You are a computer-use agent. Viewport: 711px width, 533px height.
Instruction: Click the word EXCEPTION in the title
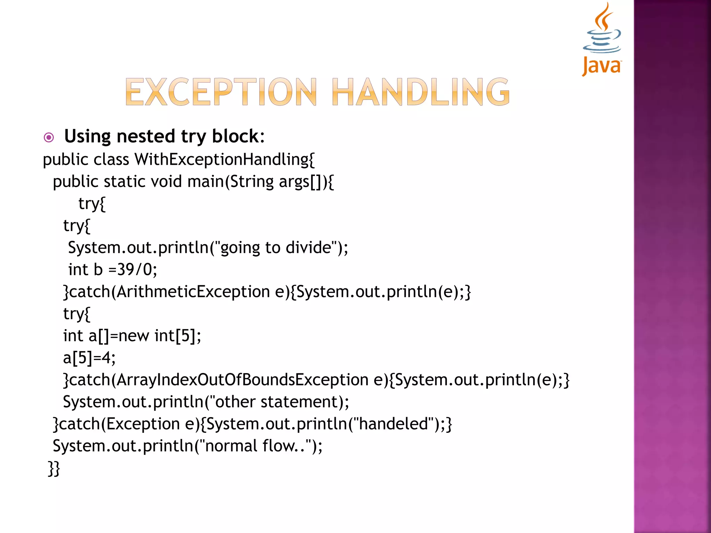(221, 92)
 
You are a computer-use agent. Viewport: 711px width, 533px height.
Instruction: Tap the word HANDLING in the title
(421, 92)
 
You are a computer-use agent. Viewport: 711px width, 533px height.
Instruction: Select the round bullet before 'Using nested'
(49, 138)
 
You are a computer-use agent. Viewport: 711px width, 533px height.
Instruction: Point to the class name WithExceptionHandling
(225, 160)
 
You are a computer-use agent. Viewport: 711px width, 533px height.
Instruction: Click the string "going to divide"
(276, 248)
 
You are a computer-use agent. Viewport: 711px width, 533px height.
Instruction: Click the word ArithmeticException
(193, 291)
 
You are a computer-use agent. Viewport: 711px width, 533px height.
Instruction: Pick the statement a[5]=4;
(89, 358)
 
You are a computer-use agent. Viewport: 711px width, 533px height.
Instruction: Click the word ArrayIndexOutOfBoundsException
(242, 380)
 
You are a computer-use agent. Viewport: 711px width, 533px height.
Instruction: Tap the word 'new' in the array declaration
(134, 336)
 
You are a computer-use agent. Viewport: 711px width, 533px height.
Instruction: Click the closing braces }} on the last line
(54, 468)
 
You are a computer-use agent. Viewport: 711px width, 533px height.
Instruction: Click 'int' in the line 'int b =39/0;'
(78, 270)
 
